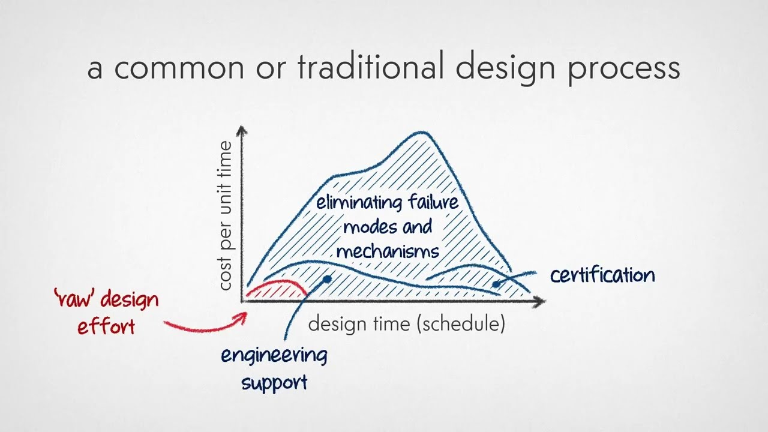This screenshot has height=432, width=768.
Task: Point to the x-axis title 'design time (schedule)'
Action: [406, 324]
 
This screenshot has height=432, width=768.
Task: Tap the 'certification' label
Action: [602, 275]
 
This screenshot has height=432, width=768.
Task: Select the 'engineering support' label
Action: [274, 368]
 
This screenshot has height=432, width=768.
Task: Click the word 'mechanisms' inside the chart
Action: [388, 250]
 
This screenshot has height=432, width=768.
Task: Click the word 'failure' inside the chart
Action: [433, 202]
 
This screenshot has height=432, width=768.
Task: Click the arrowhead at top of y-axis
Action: [242, 130]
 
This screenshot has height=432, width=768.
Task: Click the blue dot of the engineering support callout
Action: [327, 279]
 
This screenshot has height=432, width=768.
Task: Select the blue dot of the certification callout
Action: [496, 284]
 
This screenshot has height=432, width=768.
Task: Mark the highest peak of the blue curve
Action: [421, 133]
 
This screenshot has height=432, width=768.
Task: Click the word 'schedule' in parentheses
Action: [462, 324]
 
